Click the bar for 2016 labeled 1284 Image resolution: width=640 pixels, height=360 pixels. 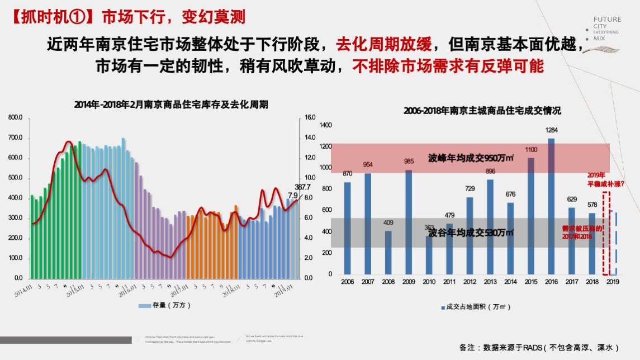pos(551,206)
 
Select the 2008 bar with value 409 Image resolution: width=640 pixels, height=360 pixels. pos(388,253)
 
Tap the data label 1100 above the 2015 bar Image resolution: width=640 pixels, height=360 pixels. pos(530,150)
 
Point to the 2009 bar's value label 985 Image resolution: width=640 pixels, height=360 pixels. pos(409,162)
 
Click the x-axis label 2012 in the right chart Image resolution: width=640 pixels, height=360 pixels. pos(470,282)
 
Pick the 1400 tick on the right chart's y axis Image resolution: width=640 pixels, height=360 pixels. pos(325,125)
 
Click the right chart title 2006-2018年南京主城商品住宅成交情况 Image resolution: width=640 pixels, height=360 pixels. pos(482,111)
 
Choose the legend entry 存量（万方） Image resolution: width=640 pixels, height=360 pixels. pos(164,305)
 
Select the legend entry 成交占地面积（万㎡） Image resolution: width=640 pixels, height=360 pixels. pos(475,307)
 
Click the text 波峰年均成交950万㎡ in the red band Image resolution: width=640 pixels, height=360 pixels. pos(471,158)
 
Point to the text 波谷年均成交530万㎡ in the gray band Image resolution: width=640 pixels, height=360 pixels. pos(471,233)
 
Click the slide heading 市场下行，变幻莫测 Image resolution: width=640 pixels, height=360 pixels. pos(173,16)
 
